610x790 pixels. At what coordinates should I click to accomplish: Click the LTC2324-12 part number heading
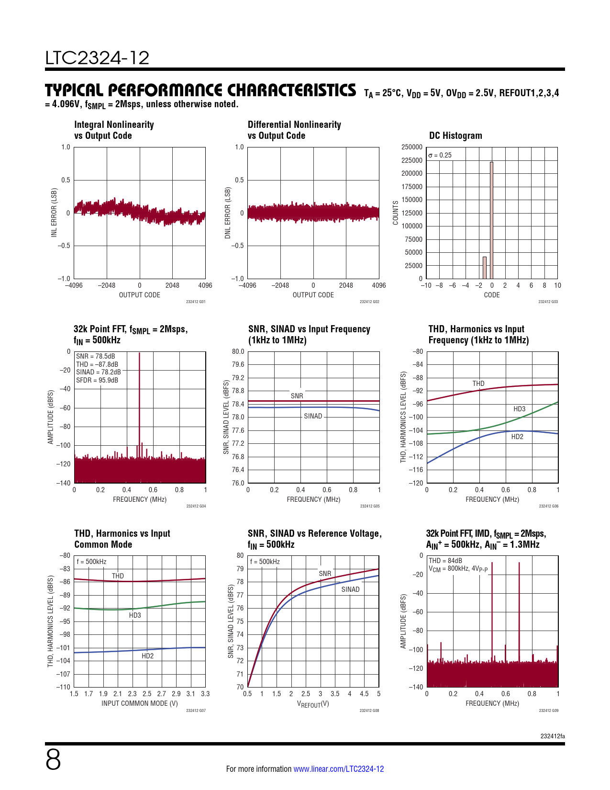pyautogui.click(x=97, y=58)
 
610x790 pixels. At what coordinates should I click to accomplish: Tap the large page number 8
pyautogui.click(x=53, y=760)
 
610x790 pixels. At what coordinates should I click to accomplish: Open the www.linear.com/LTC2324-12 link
pyautogui.click(x=338, y=769)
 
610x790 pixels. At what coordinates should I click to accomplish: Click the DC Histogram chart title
pyautogui.click(x=455, y=135)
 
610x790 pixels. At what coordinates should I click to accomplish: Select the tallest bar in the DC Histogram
pyautogui.click(x=491, y=220)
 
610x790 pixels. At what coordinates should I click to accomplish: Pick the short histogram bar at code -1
pyautogui.click(x=485, y=268)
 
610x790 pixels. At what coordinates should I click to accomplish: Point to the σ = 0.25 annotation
pyautogui.click(x=440, y=155)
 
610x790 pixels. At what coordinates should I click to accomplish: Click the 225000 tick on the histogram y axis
pyautogui.click(x=412, y=160)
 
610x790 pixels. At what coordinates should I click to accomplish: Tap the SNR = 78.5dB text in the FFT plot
pyautogui.click(x=96, y=356)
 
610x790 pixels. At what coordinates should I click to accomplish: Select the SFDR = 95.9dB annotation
pyautogui.click(x=97, y=380)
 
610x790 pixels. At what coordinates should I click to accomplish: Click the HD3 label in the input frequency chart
pyautogui.click(x=519, y=409)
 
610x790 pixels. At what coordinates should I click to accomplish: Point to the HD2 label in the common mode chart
pyautogui.click(x=147, y=656)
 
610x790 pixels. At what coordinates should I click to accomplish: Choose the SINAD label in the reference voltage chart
pyautogui.click(x=350, y=589)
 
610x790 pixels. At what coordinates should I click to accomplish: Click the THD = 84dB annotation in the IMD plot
pyautogui.click(x=445, y=561)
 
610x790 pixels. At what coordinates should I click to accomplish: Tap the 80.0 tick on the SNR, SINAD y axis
pyautogui.click(x=238, y=351)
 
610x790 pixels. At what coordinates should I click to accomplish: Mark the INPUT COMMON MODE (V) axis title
pyautogui.click(x=139, y=703)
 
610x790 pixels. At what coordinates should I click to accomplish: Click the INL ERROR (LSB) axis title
pyautogui.click(x=54, y=213)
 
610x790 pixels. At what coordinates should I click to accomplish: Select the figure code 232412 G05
pyautogui.click(x=369, y=506)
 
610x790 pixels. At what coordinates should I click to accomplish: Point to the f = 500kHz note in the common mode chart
pyautogui.click(x=91, y=562)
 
